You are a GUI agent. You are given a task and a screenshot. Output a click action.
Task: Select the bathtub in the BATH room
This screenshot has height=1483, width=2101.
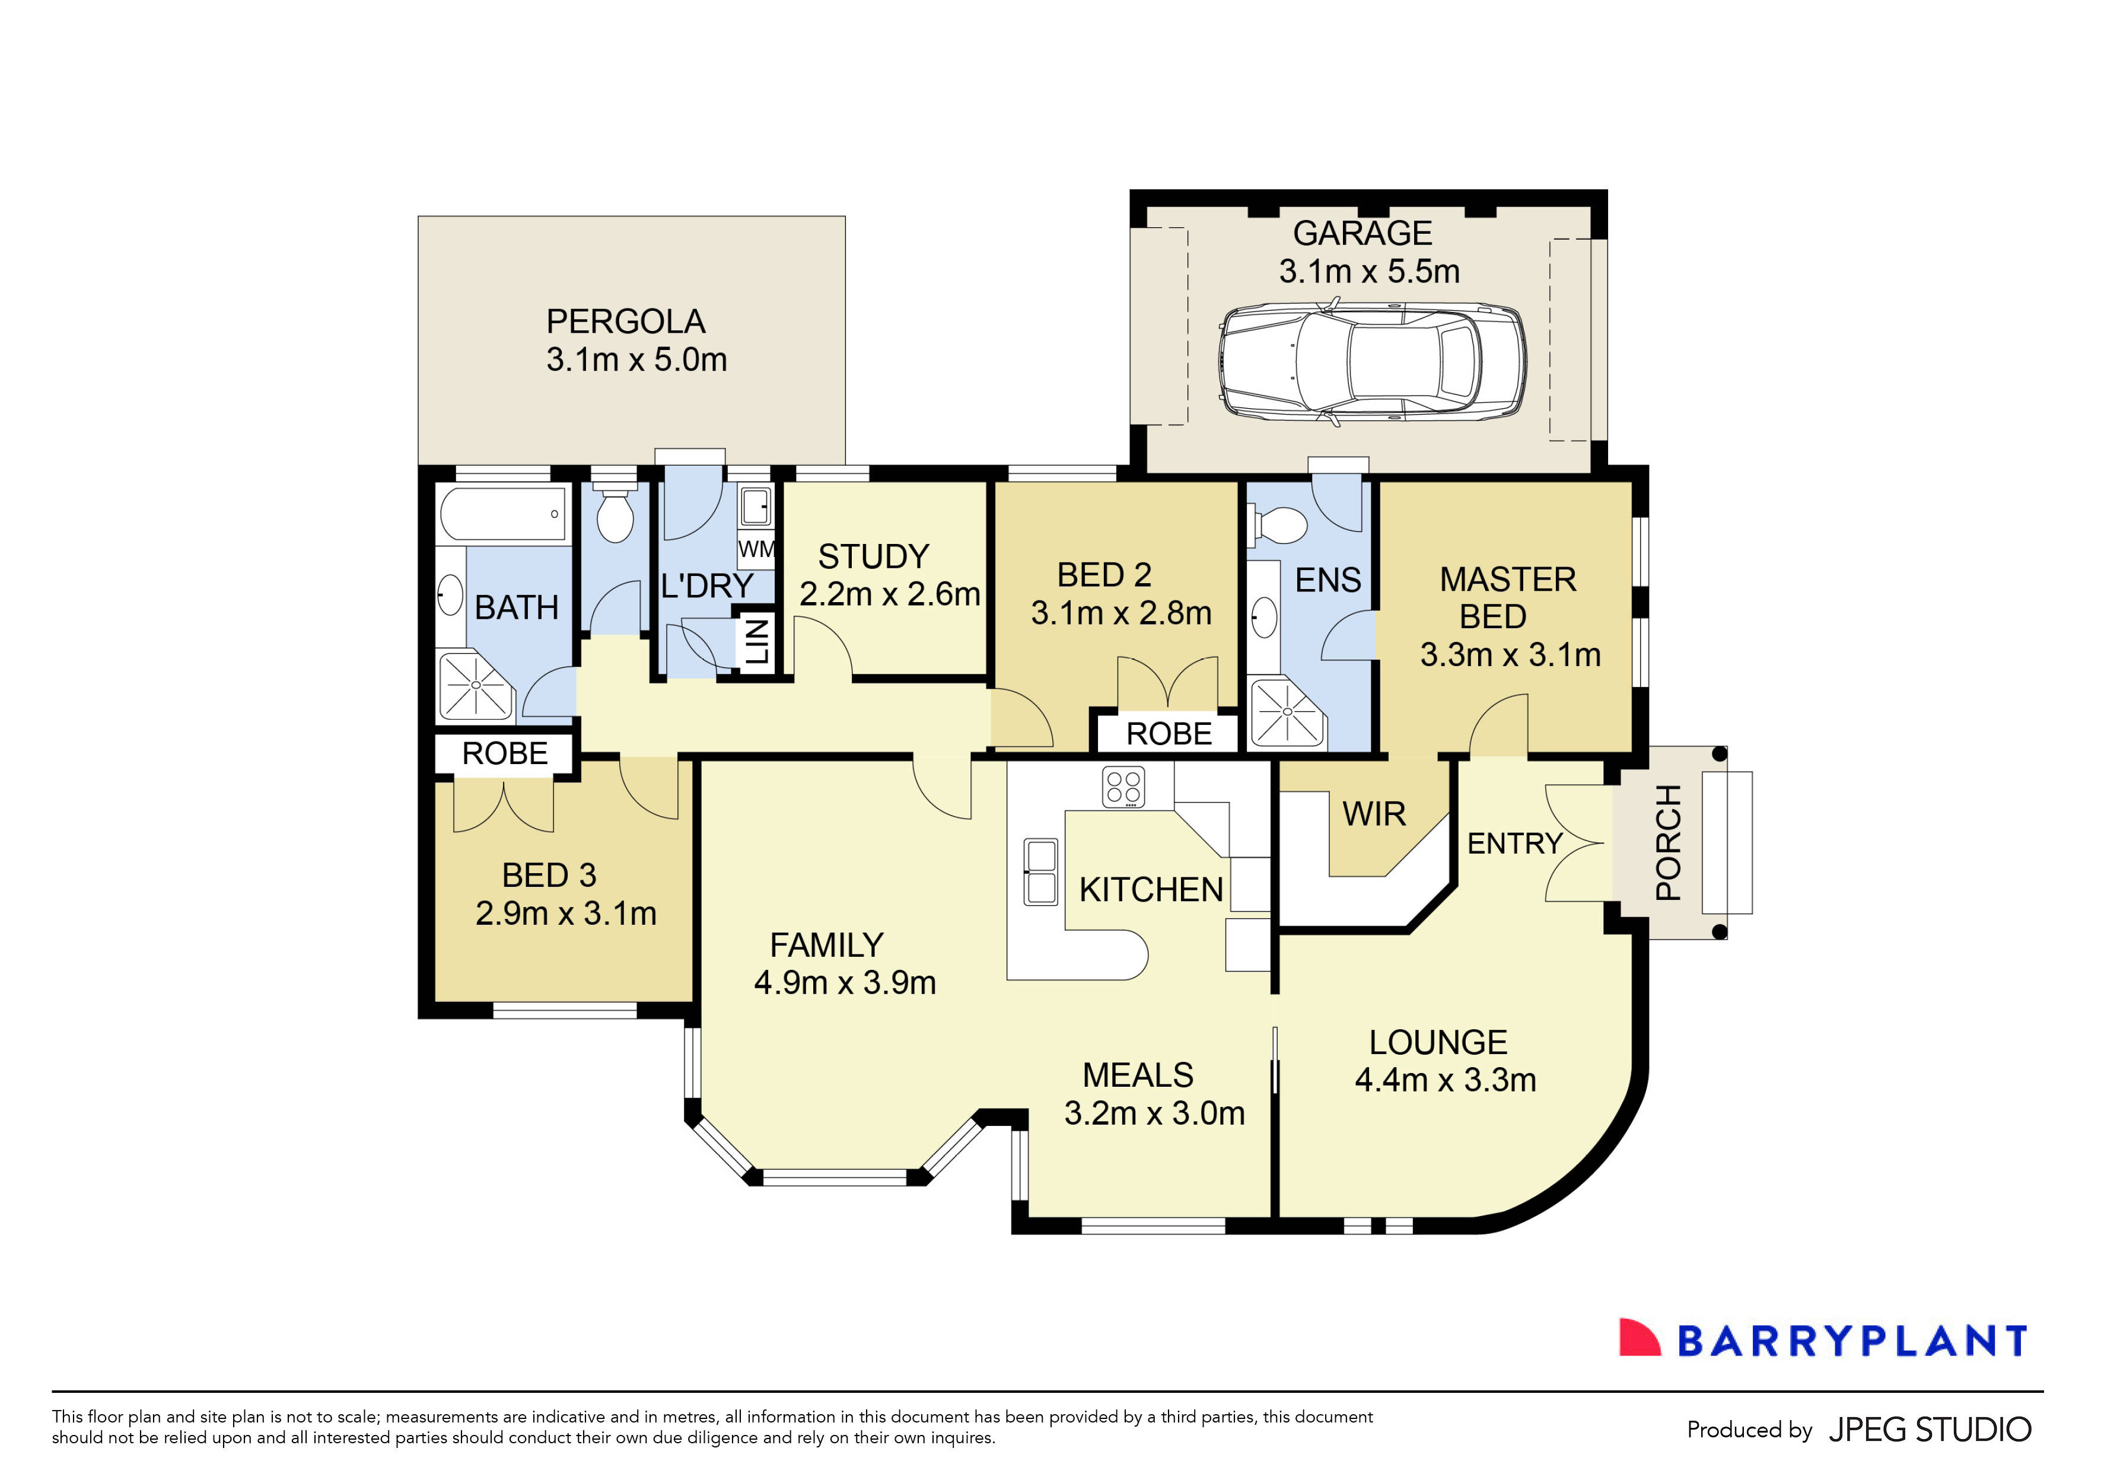coord(502,514)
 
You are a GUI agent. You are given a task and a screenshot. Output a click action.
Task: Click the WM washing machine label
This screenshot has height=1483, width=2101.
coord(756,550)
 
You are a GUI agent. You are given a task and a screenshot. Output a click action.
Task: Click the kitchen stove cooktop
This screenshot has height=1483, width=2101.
coord(1123,787)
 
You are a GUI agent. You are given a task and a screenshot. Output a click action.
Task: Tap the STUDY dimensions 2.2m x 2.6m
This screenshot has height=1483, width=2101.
coord(889,594)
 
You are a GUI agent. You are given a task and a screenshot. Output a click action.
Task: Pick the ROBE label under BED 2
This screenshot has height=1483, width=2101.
coord(1169,734)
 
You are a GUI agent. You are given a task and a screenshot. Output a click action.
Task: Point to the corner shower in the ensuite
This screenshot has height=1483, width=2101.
coord(1285,712)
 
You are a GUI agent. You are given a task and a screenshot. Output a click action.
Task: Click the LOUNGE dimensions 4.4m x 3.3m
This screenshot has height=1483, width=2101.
coord(1445,1080)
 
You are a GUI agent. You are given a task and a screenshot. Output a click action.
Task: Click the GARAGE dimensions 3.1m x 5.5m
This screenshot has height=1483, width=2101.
coord(1369,272)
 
